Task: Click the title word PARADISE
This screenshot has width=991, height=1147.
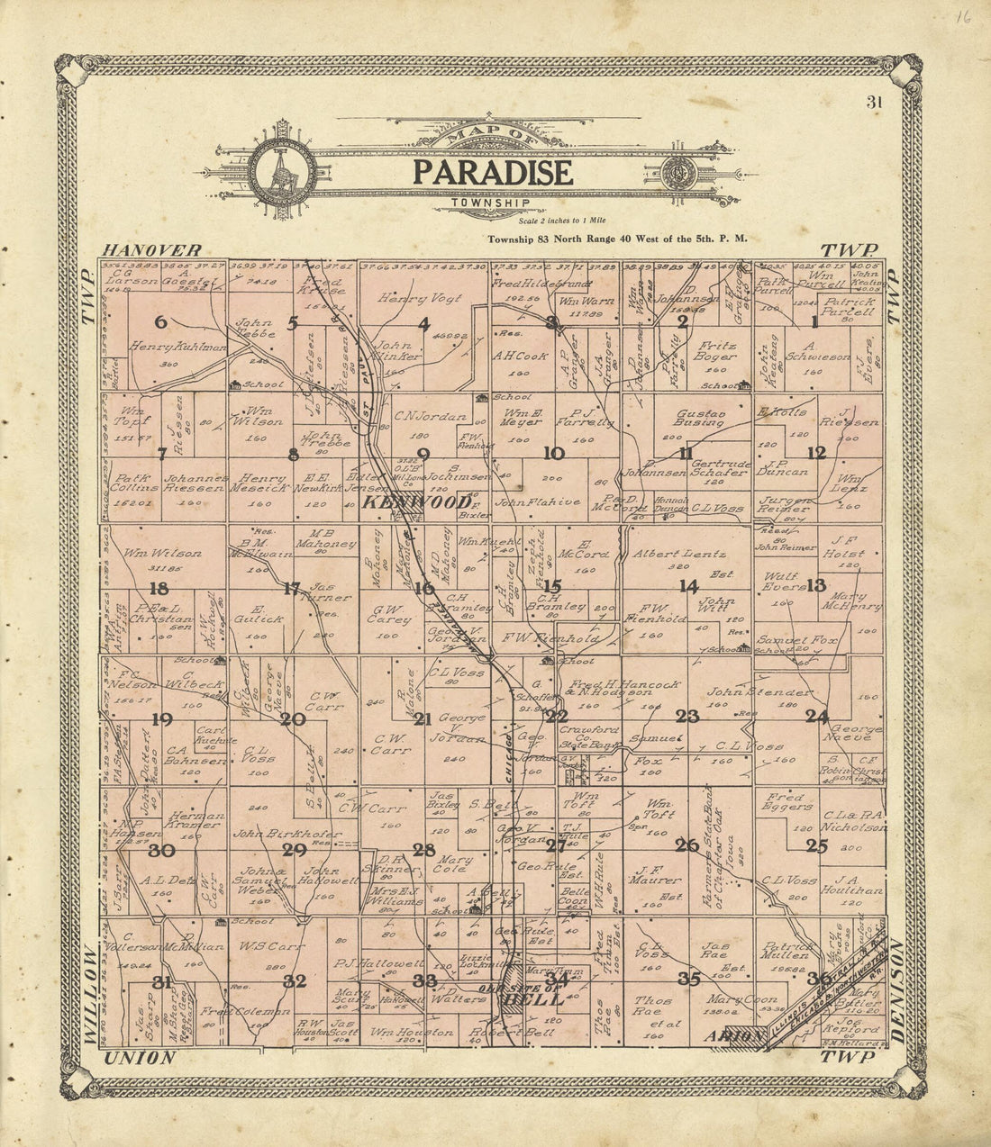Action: pyautogui.click(x=492, y=171)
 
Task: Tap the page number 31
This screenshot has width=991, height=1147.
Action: pyautogui.click(x=873, y=102)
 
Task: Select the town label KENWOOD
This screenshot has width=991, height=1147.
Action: pyautogui.click(x=416, y=502)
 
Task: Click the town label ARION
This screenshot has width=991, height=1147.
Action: pyautogui.click(x=734, y=1036)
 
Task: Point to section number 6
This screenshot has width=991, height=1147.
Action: pyautogui.click(x=161, y=322)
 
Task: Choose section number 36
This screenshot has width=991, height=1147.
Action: pyautogui.click(x=819, y=979)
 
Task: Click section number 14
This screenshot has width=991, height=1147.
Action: pyautogui.click(x=689, y=586)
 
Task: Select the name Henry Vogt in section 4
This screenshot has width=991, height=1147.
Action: pyautogui.click(x=419, y=298)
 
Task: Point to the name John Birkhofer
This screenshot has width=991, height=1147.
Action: pyautogui.click(x=286, y=834)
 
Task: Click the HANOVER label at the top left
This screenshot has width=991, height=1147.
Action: pyautogui.click(x=150, y=249)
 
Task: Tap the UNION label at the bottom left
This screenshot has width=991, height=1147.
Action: pyautogui.click(x=141, y=1058)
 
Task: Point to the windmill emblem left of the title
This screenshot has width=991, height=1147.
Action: pyautogui.click(x=281, y=172)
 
